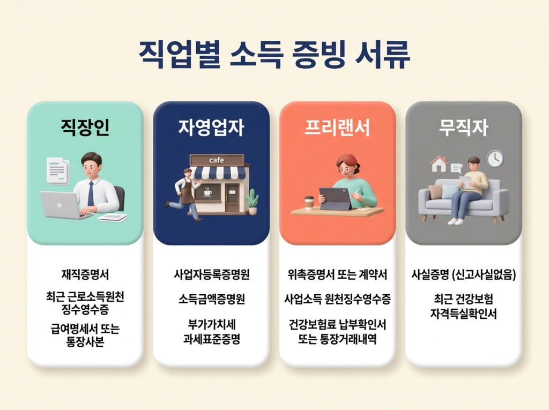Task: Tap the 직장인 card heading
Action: coord(85,128)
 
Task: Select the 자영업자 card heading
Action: coord(211,128)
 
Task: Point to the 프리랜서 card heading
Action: coord(337,128)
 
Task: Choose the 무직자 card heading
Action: coord(463,128)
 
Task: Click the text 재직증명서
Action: coord(85,275)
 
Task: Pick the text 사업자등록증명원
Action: coord(211,275)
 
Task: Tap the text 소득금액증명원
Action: coord(211,300)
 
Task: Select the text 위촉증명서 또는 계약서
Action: coord(337,275)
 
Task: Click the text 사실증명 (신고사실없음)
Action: coord(463,275)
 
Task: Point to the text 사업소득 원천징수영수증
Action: coord(337,300)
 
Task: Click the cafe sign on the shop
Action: coord(217,160)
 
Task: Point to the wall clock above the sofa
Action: coord(495,158)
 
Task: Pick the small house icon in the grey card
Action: coord(439,163)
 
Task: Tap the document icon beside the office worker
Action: coord(57,170)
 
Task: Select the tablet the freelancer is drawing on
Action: coord(335,198)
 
